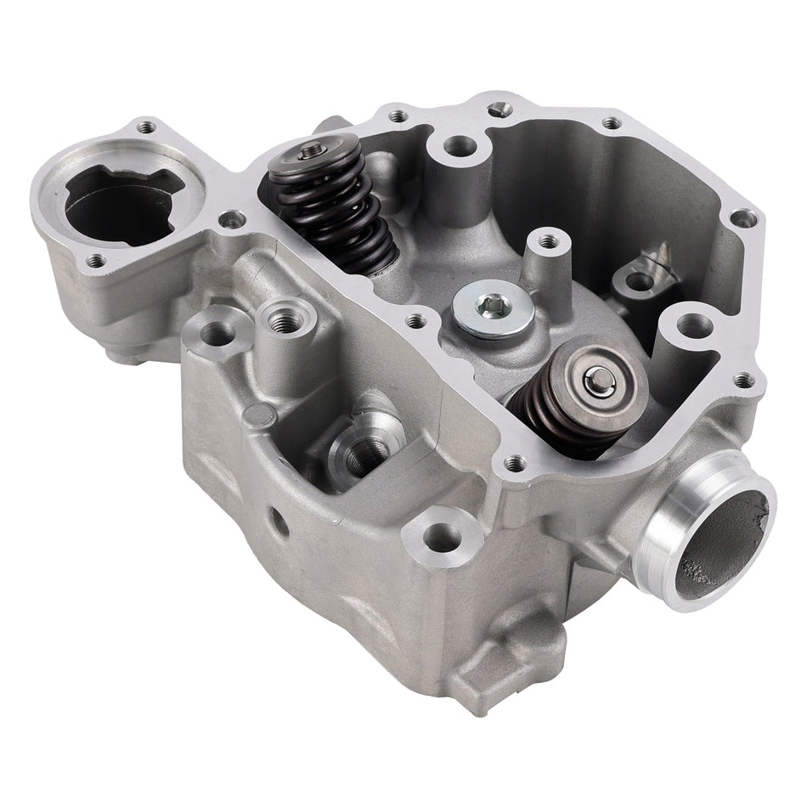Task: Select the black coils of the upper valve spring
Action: [x=336, y=212]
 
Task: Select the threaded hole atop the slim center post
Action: [x=549, y=241]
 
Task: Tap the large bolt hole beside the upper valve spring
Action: [x=460, y=146]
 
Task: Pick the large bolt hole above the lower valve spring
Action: [x=694, y=324]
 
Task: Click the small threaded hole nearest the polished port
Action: [x=742, y=380]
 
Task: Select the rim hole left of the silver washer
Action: [x=415, y=321]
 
